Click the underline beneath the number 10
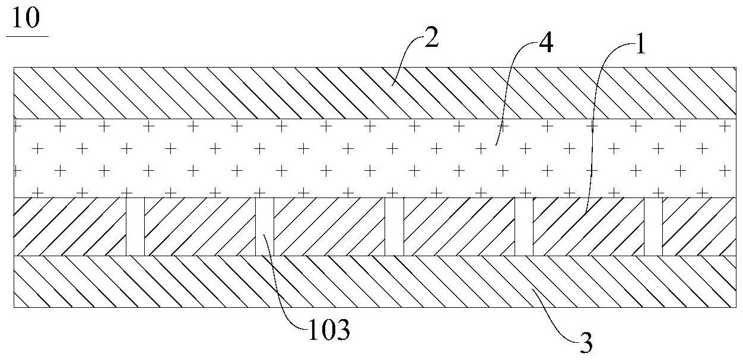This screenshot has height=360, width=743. tap(27, 36)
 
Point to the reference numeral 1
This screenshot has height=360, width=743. tap(640, 45)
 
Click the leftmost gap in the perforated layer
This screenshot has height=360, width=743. tap(135, 227)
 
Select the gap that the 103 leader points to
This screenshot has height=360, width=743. tap(265, 227)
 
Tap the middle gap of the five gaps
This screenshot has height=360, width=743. tap(394, 227)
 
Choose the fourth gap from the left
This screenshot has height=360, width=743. tap(523, 227)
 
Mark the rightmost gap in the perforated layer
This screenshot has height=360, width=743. tap(653, 227)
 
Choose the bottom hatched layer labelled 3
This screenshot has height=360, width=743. tap(178, 282)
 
